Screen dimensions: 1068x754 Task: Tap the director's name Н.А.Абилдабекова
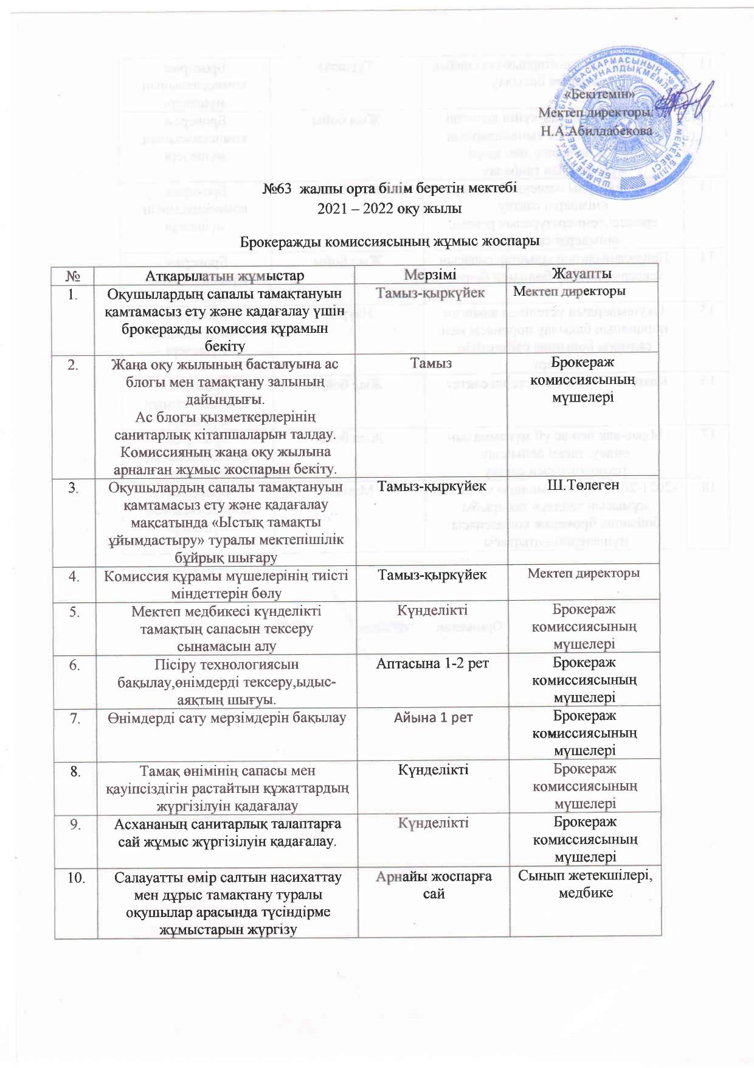597,130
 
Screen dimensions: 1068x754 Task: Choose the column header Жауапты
584,274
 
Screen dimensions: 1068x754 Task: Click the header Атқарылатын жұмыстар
225,276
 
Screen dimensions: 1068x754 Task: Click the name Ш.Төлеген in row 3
584,485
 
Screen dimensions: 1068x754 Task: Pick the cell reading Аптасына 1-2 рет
432,663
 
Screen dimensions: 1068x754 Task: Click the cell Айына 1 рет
433,717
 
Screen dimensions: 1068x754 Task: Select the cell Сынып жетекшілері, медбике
584,884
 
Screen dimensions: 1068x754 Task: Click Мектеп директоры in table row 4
583,573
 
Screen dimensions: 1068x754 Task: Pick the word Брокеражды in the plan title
280,241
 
